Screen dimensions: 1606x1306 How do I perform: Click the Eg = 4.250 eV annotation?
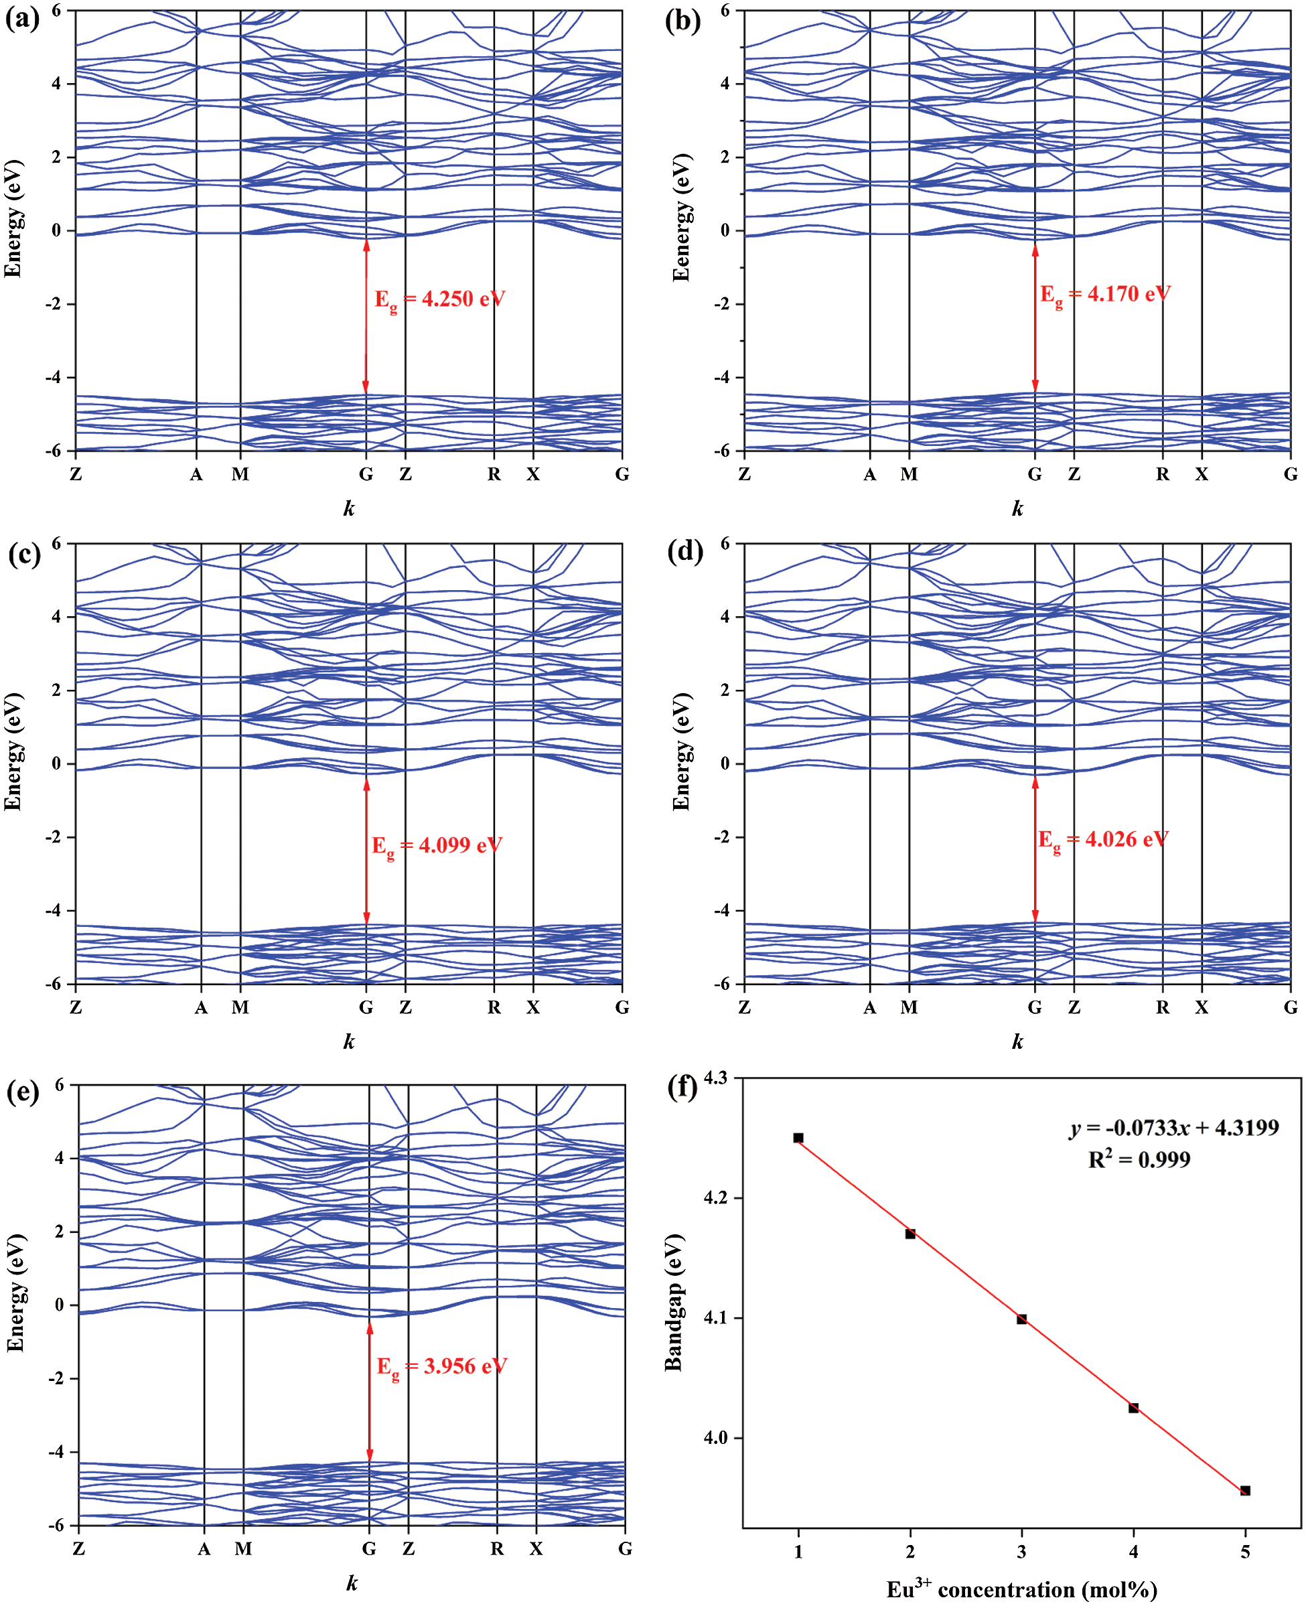[x=440, y=299]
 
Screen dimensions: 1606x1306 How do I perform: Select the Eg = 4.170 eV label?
[x=1105, y=294]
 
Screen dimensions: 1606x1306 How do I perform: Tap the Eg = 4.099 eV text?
[x=437, y=845]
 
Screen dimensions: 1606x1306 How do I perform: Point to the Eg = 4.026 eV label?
[x=1104, y=839]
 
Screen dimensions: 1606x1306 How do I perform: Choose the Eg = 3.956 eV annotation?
[x=441, y=1366]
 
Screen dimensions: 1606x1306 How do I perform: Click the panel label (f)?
[x=682, y=1088]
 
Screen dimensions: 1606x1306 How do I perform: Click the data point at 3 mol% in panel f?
[x=1021, y=1319]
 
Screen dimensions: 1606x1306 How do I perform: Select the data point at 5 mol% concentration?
[x=1245, y=1490]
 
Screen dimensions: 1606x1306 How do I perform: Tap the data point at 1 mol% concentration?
[x=798, y=1138]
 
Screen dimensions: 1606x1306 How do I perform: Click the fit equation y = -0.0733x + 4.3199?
[x=1173, y=1128]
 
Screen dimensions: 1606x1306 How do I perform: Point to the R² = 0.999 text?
[x=1139, y=1159]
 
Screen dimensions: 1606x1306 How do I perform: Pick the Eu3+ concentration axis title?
[x=1021, y=1589]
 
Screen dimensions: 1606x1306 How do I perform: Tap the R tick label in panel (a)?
[x=494, y=475]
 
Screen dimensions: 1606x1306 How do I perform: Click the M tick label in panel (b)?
[x=909, y=475]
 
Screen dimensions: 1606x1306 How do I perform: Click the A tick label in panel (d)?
[x=870, y=1008]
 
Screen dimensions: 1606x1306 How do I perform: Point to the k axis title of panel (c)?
[x=349, y=1042]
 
